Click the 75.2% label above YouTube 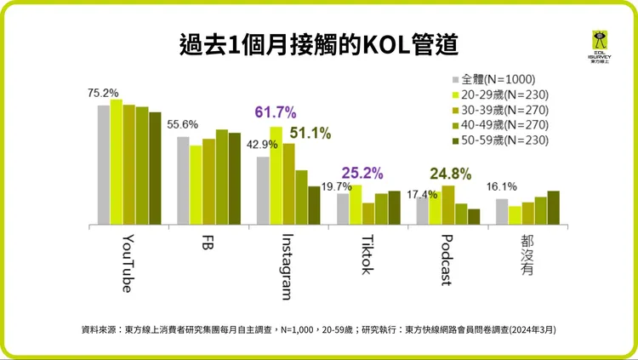[103, 93]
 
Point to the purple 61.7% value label [275, 112]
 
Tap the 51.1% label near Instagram [310, 133]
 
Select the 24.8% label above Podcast [450, 174]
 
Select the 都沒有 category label [527, 253]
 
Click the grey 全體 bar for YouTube [104, 165]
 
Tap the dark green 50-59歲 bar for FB [235, 179]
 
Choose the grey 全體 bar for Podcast [423, 211]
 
